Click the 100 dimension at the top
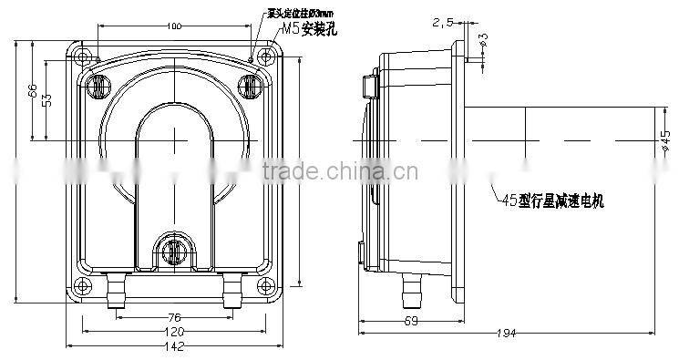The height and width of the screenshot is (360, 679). tap(173, 26)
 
